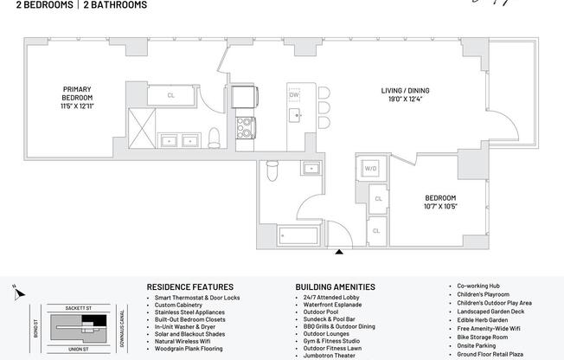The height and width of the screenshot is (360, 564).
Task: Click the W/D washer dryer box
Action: coord(370,168)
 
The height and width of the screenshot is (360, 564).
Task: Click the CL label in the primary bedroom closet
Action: coord(170,95)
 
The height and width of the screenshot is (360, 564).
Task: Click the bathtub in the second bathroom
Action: coord(299,234)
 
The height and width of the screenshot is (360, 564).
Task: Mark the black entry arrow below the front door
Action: coord(339,253)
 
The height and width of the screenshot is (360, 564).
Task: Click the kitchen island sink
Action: coord(297,114)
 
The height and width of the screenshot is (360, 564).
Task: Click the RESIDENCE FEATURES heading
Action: coord(189,286)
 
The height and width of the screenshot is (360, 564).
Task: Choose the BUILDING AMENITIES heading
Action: coord(335,286)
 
